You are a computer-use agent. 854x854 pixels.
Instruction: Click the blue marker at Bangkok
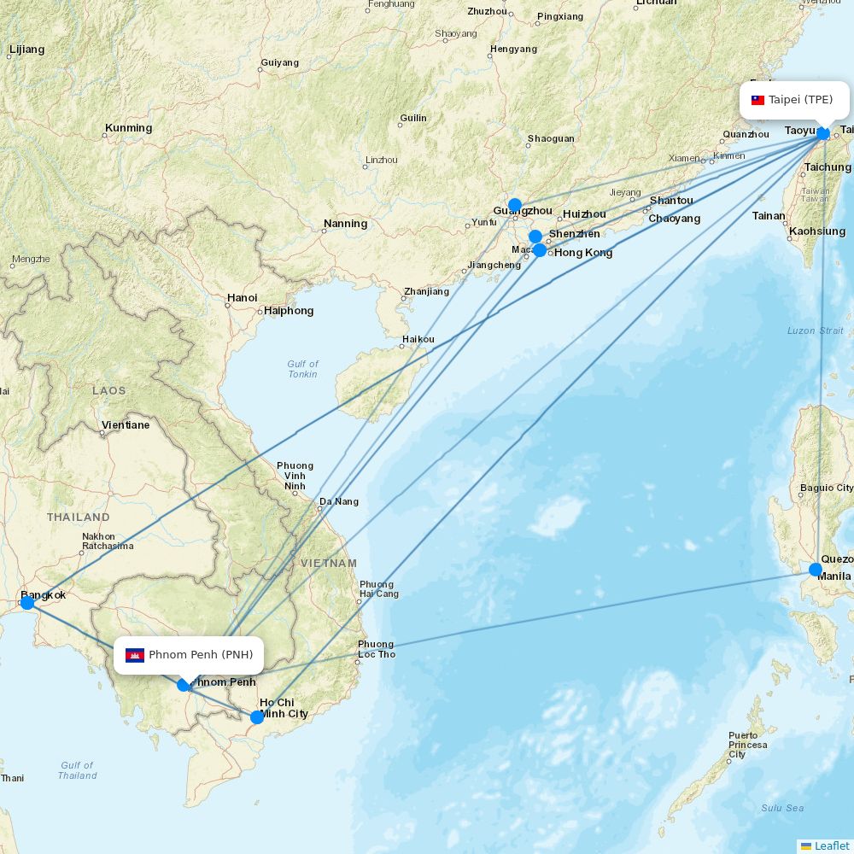pos(27,603)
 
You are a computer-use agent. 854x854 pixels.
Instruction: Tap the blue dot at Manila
pos(816,570)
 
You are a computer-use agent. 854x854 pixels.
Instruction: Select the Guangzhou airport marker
pos(514,205)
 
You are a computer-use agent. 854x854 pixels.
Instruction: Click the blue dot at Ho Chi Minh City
pos(257,717)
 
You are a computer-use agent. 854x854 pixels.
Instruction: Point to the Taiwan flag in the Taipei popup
pos(757,100)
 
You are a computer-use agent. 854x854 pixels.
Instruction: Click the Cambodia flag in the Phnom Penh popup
pos(135,655)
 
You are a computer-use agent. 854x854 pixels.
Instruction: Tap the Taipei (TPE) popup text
pos(800,100)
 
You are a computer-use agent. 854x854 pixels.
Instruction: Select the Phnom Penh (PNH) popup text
pos(201,655)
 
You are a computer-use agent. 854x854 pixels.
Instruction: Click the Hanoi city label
pos(242,298)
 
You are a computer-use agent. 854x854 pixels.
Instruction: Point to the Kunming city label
pos(128,128)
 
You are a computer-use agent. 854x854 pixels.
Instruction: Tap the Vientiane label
pos(126,424)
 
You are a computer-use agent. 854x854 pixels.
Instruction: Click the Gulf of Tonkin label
pos(302,369)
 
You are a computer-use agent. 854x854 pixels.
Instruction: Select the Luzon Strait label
pos(815,330)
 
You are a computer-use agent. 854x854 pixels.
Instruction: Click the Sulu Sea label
pos(782,807)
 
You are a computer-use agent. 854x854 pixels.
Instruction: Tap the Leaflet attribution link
pos(831,845)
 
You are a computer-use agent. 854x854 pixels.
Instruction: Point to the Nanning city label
pos(345,224)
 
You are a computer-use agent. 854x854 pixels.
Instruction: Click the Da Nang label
pos(338,501)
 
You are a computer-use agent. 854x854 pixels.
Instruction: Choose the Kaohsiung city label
pos(817,231)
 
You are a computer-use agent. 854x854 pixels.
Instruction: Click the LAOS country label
pos(109,390)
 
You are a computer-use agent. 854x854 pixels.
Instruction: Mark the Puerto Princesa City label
pos(748,745)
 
